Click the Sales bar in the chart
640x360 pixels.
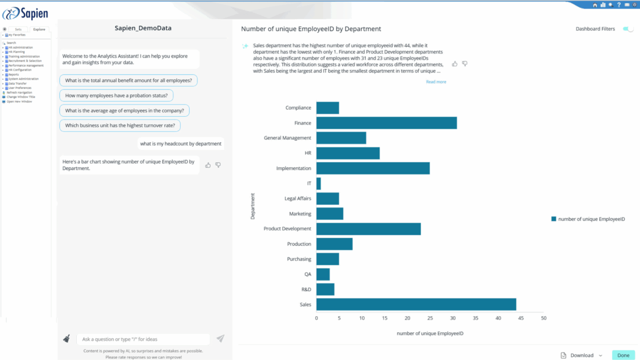(x=416, y=304)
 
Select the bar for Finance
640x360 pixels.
(x=386, y=123)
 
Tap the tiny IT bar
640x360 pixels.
(x=318, y=183)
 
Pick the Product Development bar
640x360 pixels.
(x=368, y=229)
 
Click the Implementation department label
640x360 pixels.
(x=293, y=169)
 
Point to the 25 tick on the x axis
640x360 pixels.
(x=430, y=318)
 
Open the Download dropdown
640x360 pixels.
(x=582, y=355)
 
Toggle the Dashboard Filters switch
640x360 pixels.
(x=628, y=29)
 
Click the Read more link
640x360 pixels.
(x=436, y=82)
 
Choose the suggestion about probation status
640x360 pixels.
(x=116, y=96)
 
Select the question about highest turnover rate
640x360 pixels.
(x=120, y=126)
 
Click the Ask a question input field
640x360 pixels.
(x=143, y=339)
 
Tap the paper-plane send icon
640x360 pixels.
(x=220, y=339)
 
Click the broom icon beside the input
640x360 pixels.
(x=67, y=339)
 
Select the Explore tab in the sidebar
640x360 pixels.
(x=39, y=29)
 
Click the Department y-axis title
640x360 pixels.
(x=252, y=206)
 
